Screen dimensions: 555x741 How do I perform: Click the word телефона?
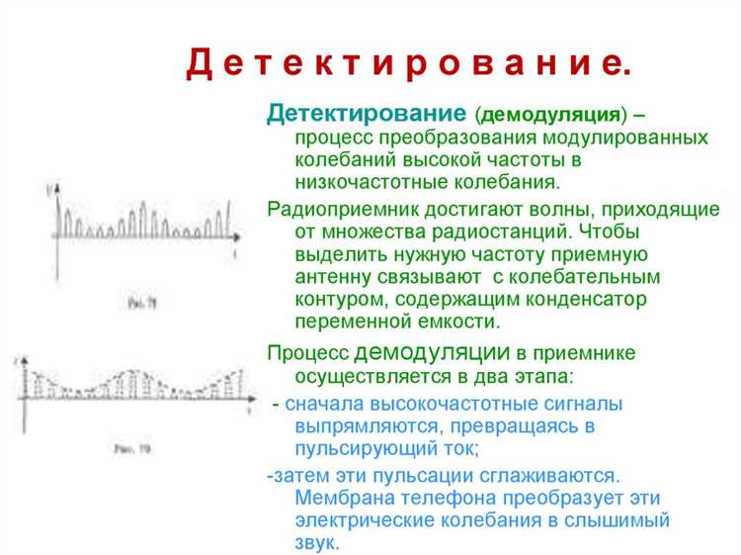point(454,497)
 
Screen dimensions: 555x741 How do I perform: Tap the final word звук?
point(317,542)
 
